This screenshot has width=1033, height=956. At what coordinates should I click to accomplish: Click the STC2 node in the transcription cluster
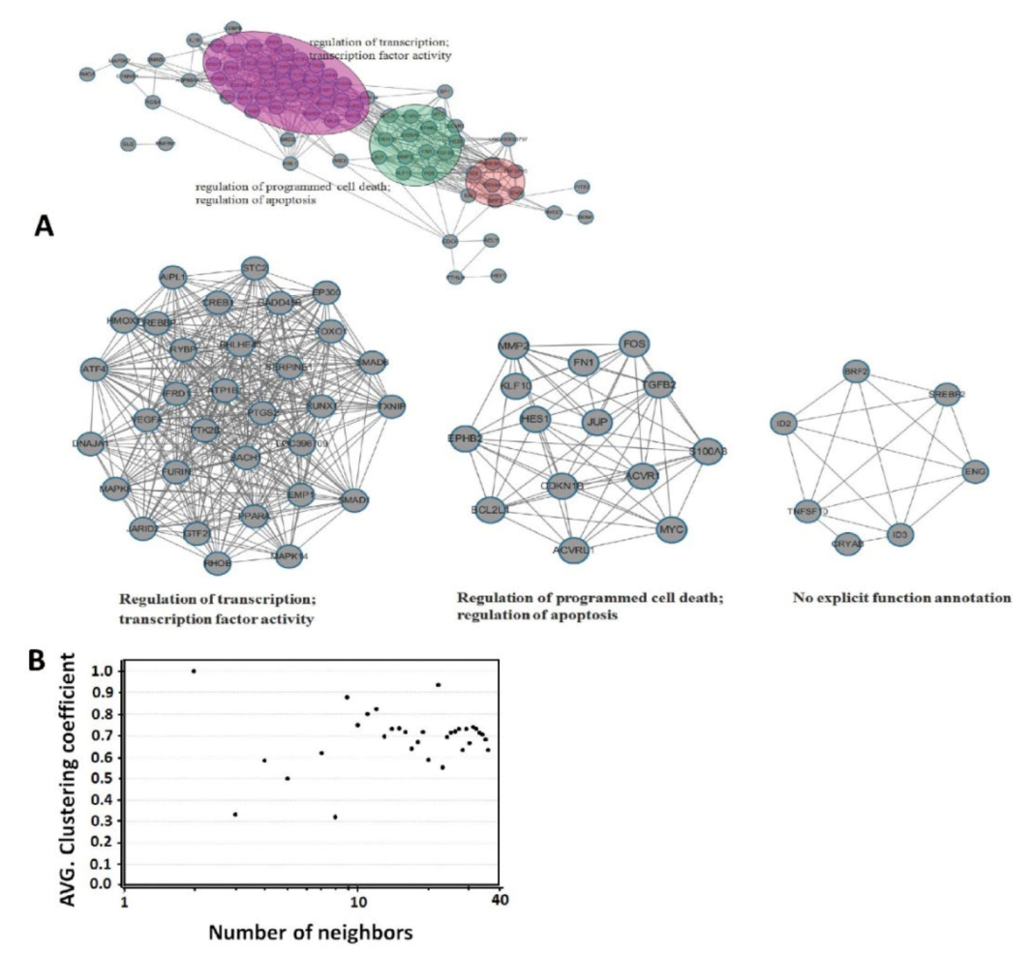click(x=255, y=268)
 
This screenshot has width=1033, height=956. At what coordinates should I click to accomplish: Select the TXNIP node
click(x=390, y=407)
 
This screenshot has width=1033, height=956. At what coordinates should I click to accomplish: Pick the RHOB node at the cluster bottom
click(x=218, y=560)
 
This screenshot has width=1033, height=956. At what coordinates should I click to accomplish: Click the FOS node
click(x=634, y=344)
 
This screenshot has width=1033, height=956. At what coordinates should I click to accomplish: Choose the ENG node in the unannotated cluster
click(x=973, y=471)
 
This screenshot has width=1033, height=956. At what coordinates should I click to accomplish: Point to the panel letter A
click(x=44, y=226)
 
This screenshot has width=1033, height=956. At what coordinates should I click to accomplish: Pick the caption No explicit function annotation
click(x=902, y=598)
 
